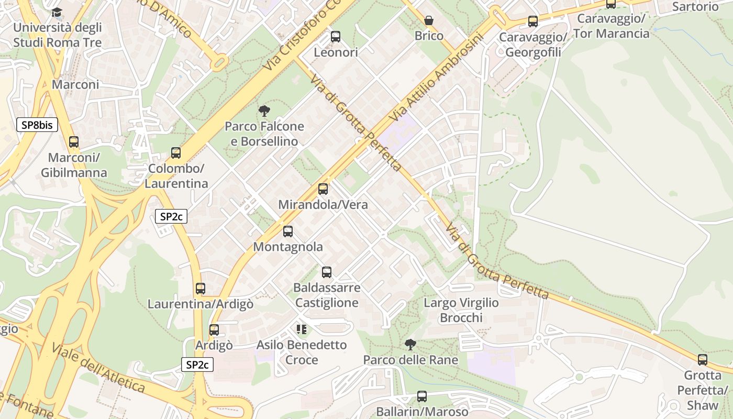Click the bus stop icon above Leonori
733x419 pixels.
click(336, 37)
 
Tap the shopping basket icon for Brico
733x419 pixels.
click(429, 20)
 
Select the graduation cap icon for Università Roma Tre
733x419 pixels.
click(57, 12)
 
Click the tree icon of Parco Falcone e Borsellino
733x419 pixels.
click(264, 111)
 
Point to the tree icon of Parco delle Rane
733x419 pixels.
click(410, 344)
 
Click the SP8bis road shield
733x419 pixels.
click(37, 125)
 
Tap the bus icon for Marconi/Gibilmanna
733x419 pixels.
click(74, 142)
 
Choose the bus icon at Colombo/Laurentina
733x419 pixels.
click(176, 153)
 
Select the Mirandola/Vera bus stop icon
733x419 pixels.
click(323, 189)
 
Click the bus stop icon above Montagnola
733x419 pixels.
click(288, 231)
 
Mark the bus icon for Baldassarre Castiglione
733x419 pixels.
click(327, 272)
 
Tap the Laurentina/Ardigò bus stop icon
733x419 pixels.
click(201, 289)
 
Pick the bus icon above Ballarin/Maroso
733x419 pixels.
click(422, 396)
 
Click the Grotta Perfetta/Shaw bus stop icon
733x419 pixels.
click(703, 360)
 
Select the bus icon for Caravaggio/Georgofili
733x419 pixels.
click(533, 21)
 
